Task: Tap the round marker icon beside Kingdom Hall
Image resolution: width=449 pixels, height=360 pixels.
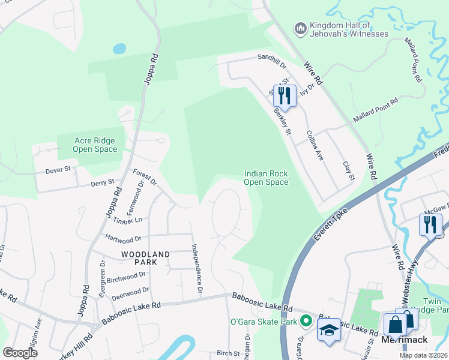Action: pyautogui.click(x=300, y=28)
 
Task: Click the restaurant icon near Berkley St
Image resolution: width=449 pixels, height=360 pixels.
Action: pyautogui.click(x=284, y=96)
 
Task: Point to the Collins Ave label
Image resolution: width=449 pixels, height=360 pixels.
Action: pyautogui.click(x=315, y=146)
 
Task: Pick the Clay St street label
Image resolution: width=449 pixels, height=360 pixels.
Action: pyautogui.click(x=348, y=171)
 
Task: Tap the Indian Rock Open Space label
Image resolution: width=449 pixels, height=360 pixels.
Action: pyautogui.click(x=266, y=178)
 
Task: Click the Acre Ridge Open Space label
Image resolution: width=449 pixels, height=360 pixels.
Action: pyautogui.click(x=95, y=145)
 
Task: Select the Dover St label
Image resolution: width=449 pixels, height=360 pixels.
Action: pyautogui.click(x=58, y=170)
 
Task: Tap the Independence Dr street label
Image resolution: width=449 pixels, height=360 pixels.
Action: pyautogui.click(x=196, y=269)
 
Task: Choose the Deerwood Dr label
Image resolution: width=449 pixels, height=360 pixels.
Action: pyautogui.click(x=129, y=292)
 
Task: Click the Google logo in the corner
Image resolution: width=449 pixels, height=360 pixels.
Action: pyautogui.click(x=20, y=353)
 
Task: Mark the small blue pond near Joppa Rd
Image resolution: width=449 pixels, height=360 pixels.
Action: pyautogui.click(x=119, y=48)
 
